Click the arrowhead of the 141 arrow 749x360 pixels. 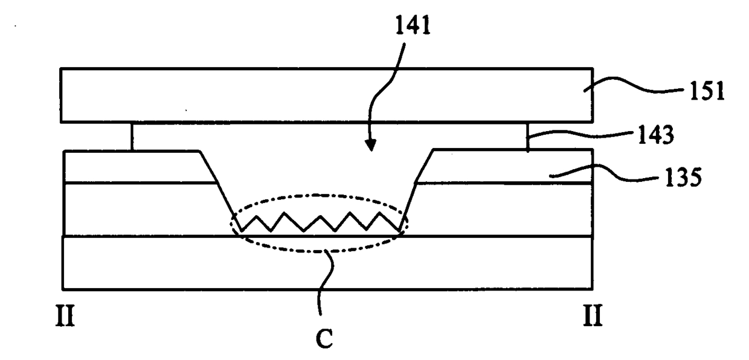coord(370,146)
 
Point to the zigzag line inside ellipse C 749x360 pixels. coord(320,222)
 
